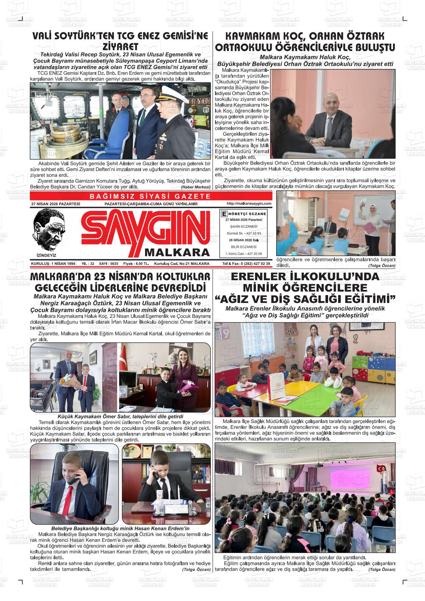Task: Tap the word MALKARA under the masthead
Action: coord(177,252)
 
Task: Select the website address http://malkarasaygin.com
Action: coord(249,203)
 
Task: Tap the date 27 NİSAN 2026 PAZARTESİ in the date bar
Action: coord(56,204)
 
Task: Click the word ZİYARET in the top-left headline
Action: coord(120,47)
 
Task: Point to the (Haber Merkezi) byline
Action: coord(195,187)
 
